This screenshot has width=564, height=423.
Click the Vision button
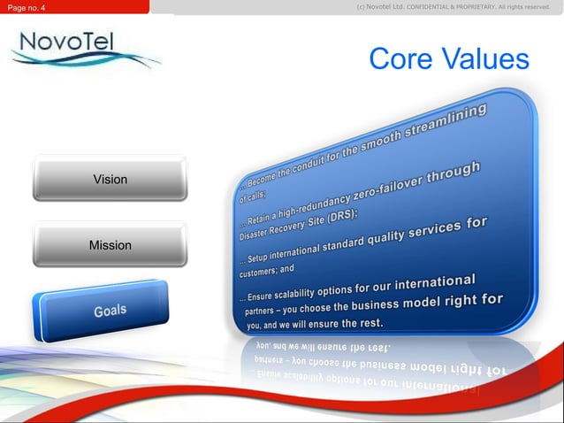click(x=110, y=179)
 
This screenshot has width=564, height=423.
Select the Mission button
click(x=110, y=244)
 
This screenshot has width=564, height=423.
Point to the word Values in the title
click(x=487, y=59)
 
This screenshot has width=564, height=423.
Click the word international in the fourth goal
click(x=435, y=283)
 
